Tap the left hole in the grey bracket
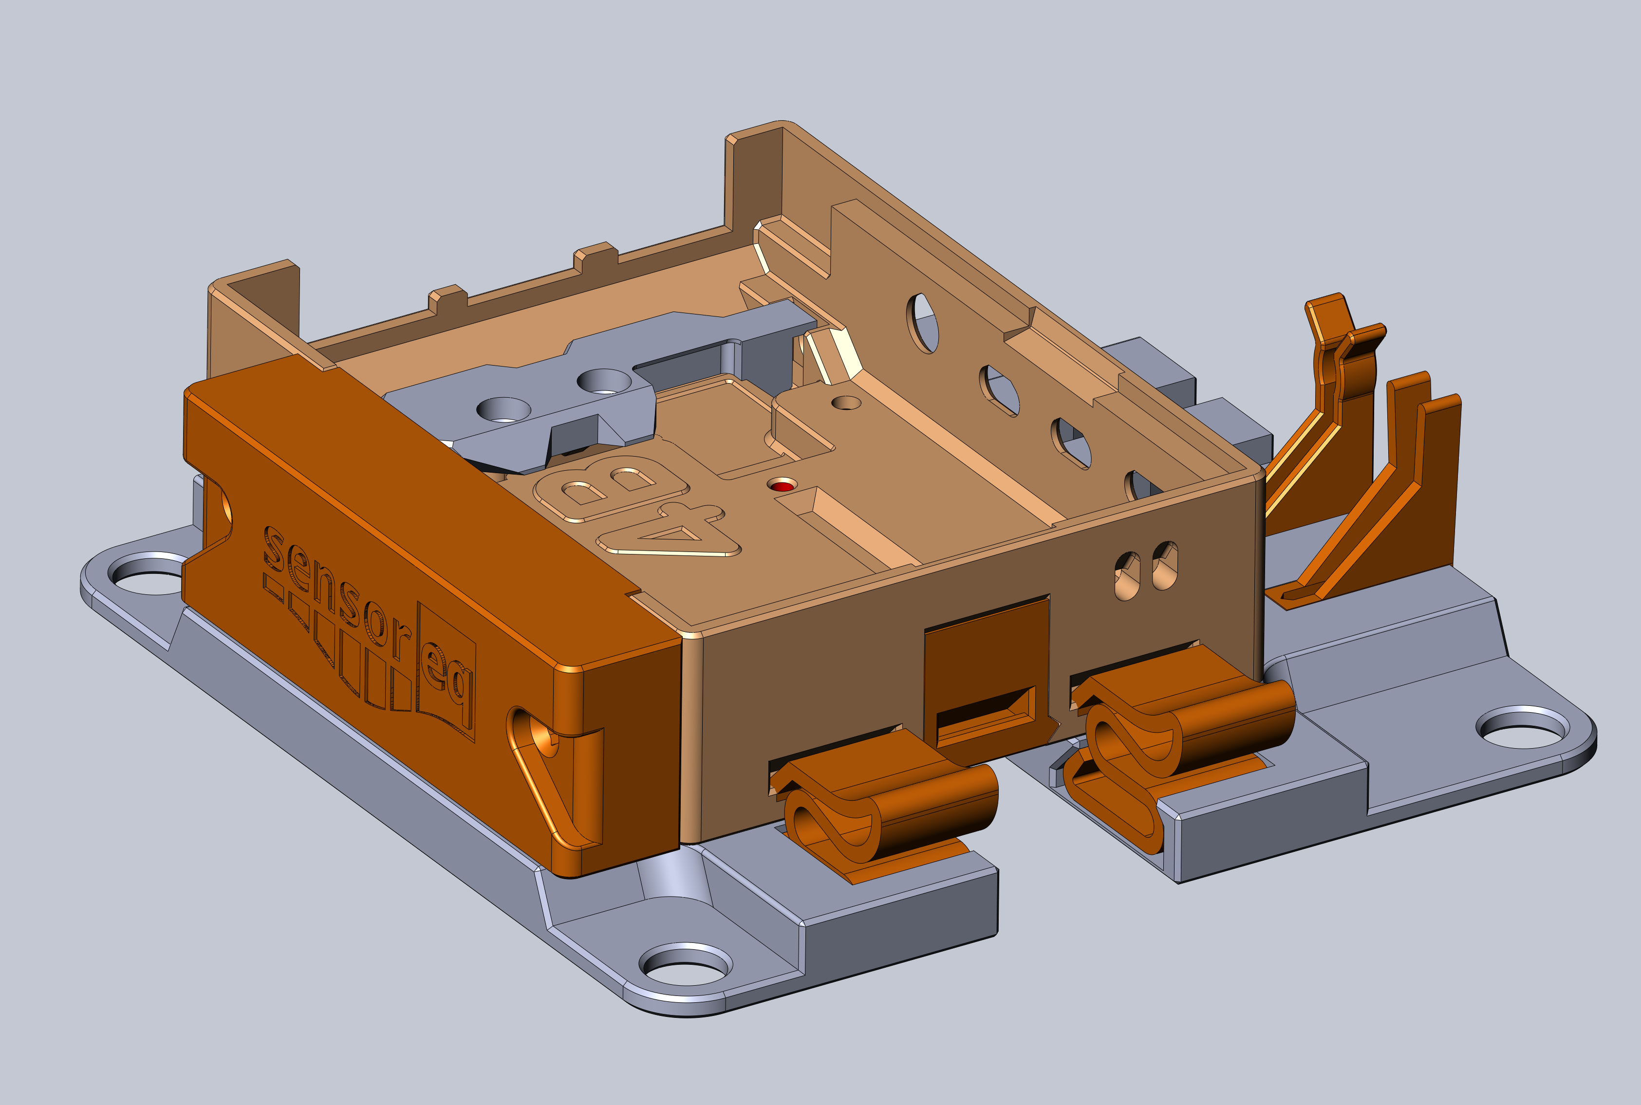(x=503, y=409)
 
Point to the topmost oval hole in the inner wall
(x=923, y=323)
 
